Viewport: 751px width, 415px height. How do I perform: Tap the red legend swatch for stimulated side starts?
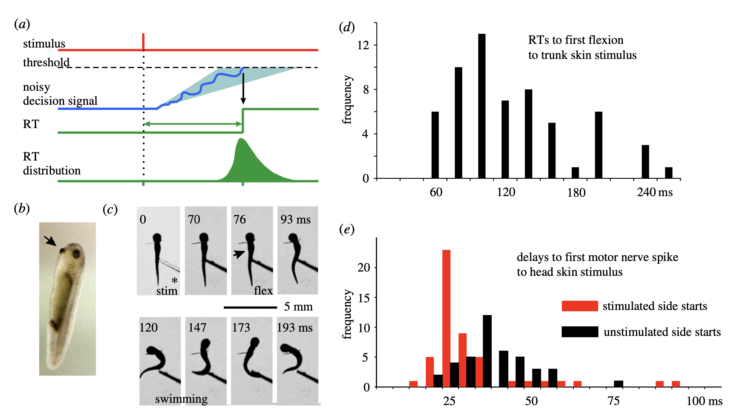coord(580,306)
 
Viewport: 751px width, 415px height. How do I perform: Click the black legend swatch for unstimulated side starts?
coord(580,332)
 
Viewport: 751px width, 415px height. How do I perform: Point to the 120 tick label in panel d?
coord(506,192)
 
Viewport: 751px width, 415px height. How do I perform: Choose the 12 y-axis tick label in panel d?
coord(363,45)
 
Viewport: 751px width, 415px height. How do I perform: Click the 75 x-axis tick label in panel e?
coord(613,401)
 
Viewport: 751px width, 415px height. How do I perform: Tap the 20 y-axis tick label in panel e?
coord(364,268)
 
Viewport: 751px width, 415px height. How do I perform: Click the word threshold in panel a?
coord(46,62)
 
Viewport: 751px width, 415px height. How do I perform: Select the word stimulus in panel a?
coord(44,44)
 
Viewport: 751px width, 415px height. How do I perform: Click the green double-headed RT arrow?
coord(193,124)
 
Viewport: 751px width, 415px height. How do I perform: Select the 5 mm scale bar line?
coord(250,307)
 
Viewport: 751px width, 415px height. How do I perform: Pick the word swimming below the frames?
coord(181,399)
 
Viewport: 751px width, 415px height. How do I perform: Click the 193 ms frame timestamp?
coord(294,328)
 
